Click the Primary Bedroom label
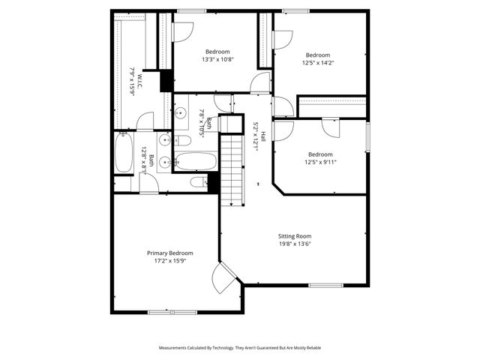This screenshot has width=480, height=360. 169,253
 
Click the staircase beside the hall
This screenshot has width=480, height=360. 235,166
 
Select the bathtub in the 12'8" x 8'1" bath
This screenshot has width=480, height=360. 123,152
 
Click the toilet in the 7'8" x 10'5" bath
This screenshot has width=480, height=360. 183,140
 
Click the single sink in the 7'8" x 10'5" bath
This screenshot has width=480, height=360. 181,114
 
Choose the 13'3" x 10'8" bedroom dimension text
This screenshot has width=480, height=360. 217,60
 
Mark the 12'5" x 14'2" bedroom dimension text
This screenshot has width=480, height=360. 318,63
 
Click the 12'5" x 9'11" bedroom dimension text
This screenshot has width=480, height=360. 320,162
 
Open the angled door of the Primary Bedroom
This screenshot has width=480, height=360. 224,278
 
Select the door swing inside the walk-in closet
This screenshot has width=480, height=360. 145,121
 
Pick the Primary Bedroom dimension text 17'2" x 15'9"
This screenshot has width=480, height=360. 169,262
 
